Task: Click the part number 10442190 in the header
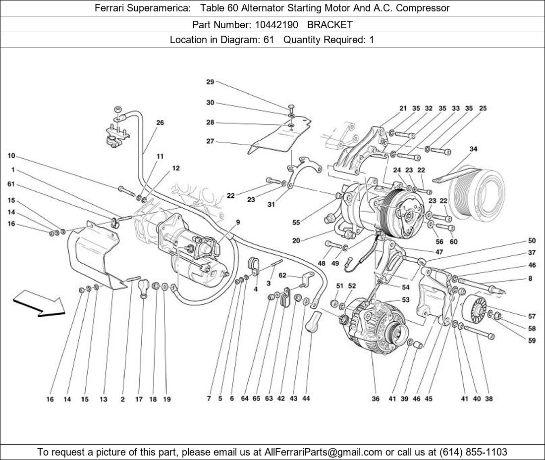coord(276,24)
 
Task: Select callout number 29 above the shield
coord(210,82)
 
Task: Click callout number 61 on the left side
coord(11,184)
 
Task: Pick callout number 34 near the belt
coord(473,149)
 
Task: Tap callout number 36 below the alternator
coord(376,399)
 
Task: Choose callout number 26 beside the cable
coord(160,122)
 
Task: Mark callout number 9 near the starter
coord(238,223)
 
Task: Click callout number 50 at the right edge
coord(532,241)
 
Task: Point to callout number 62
coord(282,275)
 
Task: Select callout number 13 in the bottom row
coord(103,399)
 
